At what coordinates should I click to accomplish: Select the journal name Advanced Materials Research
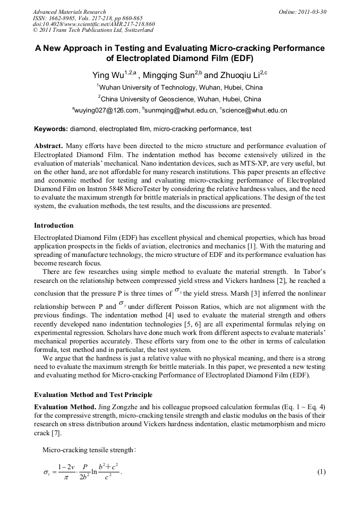(x=69, y=11)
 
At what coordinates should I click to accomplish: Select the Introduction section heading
(x=54, y=226)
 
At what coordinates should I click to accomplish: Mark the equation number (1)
(x=321, y=471)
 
